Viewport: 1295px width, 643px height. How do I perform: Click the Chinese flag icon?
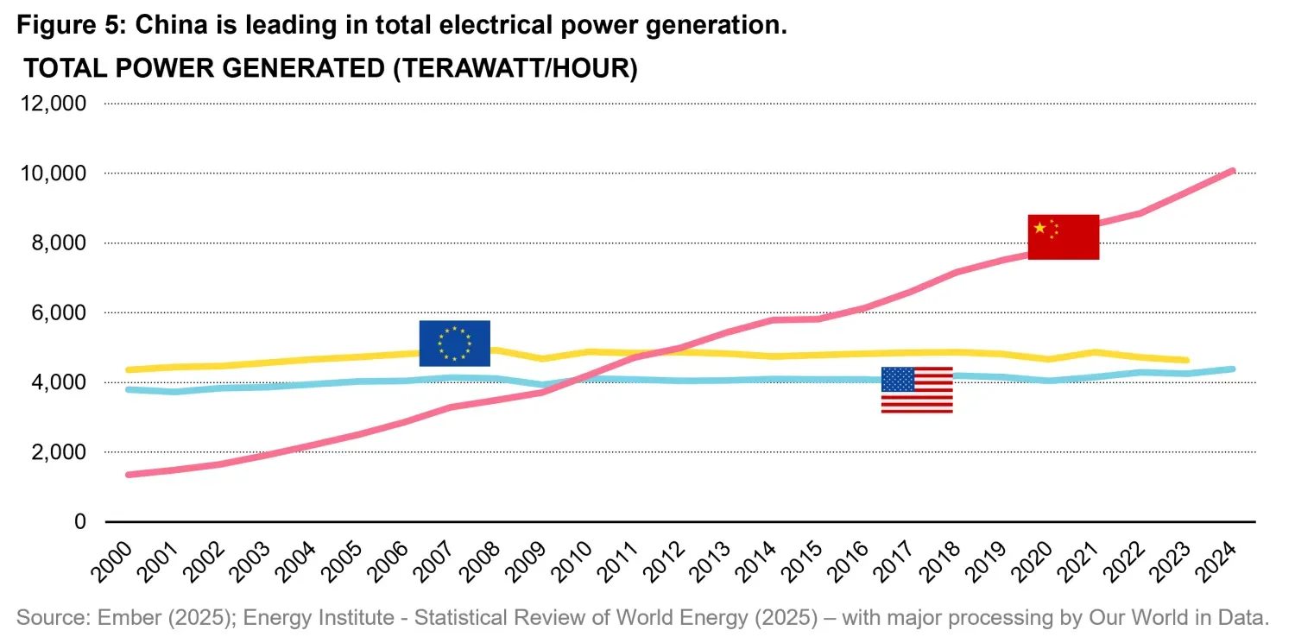[1063, 236]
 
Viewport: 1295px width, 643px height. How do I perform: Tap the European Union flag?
[454, 343]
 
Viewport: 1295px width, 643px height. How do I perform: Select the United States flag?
[917, 390]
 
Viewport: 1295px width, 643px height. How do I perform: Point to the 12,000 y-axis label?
[53, 104]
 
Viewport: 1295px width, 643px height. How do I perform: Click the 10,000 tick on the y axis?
[53, 173]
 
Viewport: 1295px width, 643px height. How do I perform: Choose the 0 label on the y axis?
[81, 522]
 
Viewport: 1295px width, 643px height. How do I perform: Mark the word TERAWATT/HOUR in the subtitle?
[515, 68]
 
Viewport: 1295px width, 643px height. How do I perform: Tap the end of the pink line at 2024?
[1233, 171]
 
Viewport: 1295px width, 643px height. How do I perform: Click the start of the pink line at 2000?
[129, 475]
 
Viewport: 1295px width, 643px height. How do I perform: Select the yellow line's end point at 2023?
[1187, 360]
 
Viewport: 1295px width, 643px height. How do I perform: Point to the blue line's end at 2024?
[1233, 369]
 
